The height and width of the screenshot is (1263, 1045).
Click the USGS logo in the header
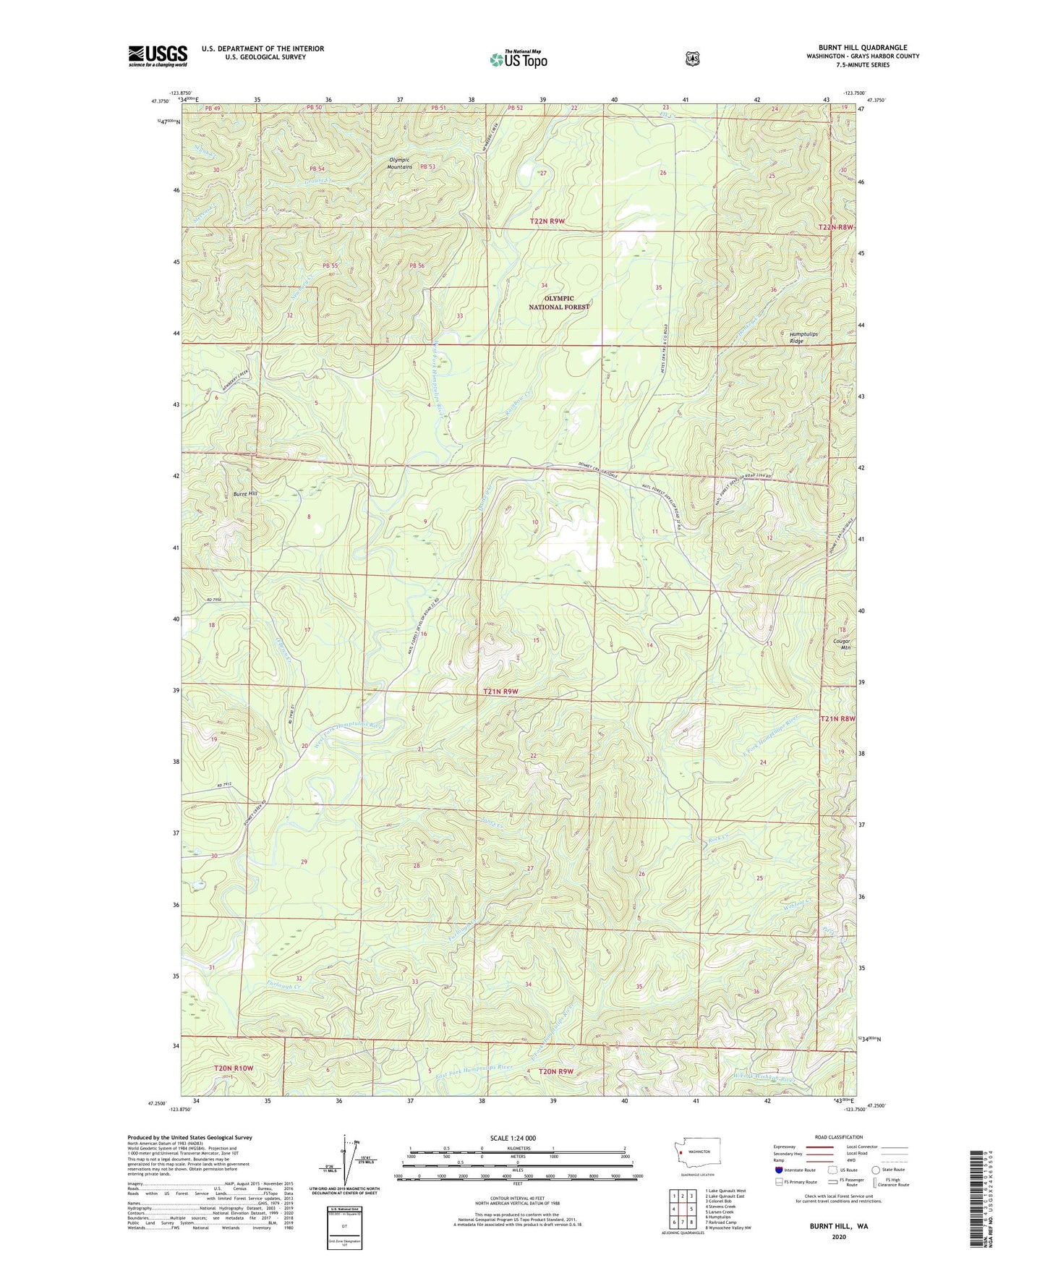[x=158, y=56]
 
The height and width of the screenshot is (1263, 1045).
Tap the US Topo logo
[x=518, y=59]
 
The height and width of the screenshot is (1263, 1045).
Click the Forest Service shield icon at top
[x=692, y=58]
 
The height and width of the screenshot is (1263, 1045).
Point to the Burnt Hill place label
[x=245, y=493]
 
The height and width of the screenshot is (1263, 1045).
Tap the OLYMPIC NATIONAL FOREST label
[x=559, y=302]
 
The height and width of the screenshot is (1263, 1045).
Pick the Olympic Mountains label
[x=399, y=163]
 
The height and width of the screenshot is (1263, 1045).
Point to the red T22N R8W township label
[x=835, y=228]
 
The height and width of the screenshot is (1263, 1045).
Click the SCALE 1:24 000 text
[x=513, y=1138]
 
